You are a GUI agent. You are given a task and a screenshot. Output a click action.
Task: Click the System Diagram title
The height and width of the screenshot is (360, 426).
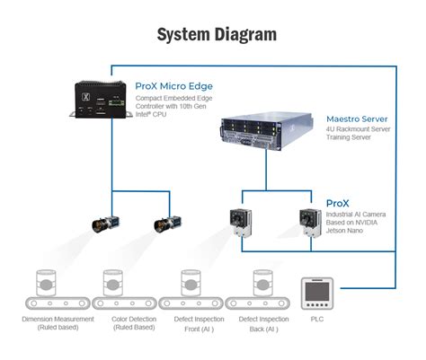[x=217, y=35]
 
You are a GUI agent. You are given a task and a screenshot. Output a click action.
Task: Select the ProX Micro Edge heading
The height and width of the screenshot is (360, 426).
[x=174, y=86]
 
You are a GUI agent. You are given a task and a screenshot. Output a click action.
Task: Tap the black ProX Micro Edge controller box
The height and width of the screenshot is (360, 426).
[x=101, y=99]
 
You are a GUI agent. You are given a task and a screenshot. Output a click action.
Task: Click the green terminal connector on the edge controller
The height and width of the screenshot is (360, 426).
[x=117, y=102]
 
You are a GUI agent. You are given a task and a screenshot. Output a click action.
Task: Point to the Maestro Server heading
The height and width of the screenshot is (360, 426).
[x=357, y=119]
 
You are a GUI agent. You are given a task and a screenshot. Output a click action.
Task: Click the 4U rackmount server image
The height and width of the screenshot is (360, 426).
[x=267, y=131]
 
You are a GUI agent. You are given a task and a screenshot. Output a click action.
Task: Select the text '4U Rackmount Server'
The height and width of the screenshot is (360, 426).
[x=359, y=129]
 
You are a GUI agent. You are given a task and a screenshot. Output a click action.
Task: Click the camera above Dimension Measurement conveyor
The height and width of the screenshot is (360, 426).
[x=105, y=224]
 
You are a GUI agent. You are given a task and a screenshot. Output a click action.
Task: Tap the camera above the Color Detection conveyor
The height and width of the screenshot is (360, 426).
[x=167, y=224]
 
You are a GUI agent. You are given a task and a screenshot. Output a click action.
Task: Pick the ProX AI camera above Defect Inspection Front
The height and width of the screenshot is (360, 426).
[x=241, y=223]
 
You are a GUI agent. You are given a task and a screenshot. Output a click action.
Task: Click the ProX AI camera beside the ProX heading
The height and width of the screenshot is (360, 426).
[x=310, y=223]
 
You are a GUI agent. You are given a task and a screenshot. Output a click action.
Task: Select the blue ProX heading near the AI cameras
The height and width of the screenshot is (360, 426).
[x=338, y=204]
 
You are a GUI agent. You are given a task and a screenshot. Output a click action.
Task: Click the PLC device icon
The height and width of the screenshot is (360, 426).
[x=317, y=294]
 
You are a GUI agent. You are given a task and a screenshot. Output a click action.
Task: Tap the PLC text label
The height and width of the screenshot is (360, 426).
[x=317, y=319]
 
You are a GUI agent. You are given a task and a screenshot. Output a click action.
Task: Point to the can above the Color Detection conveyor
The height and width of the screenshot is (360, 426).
[x=113, y=283]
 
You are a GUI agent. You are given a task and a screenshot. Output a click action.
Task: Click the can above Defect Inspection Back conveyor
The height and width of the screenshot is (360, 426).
[x=262, y=283]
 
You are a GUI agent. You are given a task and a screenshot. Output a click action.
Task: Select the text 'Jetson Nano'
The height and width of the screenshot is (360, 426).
[x=344, y=231]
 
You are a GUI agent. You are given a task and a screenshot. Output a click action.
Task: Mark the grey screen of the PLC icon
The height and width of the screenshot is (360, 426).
[x=317, y=291]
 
